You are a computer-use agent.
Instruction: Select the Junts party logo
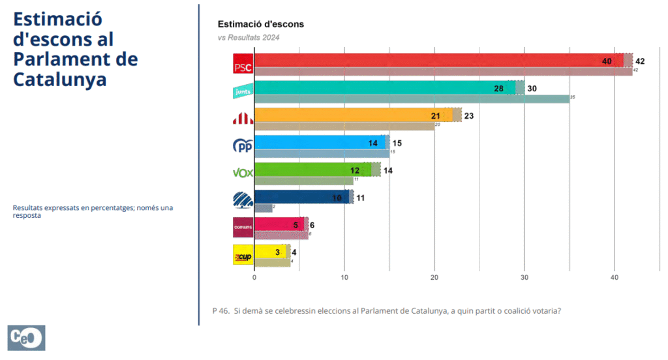pyautogui.click(x=243, y=92)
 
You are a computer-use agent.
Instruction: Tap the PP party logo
pyautogui.click(x=243, y=145)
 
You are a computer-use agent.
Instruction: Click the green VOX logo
pyautogui.click(x=243, y=173)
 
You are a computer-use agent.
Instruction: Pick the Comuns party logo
pyautogui.click(x=243, y=227)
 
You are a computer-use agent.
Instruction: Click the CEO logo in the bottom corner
pyautogui.click(x=26, y=338)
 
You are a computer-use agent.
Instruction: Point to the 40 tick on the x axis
pyautogui.click(x=614, y=277)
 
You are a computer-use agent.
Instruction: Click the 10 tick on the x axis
pyautogui.click(x=344, y=277)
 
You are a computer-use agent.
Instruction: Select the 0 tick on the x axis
pyautogui.click(x=254, y=277)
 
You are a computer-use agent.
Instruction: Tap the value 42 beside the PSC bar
pyautogui.click(x=640, y=61)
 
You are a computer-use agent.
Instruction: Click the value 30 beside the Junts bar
pyautogui.click(x=532, y=88)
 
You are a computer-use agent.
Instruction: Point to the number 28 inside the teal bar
pyautogui.click(x=499, y=88)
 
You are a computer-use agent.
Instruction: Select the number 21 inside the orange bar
pyautogui.click(x=436, y=115)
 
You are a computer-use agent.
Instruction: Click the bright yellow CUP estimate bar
pyautogui.click(x=269, y=251)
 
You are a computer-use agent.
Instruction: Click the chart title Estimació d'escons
pyautogui.click(x=261, y=24)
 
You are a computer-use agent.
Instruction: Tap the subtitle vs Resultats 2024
pyautogui.click(x=249, y=37)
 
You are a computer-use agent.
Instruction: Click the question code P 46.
pyautogui.click(x=220, y=311)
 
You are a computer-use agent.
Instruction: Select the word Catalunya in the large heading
pyautogui.click(x=59, y=80)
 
